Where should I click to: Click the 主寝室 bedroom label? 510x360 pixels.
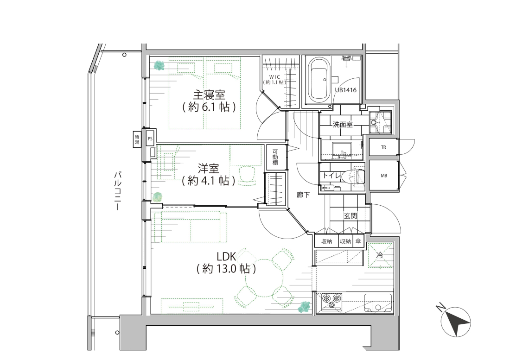coord(209,95)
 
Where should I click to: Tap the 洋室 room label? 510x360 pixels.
coord(209,168)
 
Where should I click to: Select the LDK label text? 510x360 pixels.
coord(226,257)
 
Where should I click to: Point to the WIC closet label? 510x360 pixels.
coord(274,76)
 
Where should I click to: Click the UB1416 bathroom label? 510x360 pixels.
coord(346,90)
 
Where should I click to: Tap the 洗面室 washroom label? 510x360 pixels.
coord(343,124)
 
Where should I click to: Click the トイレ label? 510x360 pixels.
coord(331,176)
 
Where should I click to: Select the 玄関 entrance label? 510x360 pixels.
coord(351,215)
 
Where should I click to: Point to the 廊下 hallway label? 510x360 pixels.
coord(303,195)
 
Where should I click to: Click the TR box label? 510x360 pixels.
coord(383,147)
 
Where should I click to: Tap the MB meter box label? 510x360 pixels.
coord(384,176)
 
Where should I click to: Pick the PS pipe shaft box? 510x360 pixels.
coord(150,139)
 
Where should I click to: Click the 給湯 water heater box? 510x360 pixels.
coord(137,139)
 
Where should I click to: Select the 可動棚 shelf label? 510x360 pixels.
coord(275,157)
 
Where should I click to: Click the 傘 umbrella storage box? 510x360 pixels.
coord(358,241)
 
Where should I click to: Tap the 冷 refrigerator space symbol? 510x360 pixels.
coord(380,255)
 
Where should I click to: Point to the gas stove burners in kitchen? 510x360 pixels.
coord(332,301)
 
